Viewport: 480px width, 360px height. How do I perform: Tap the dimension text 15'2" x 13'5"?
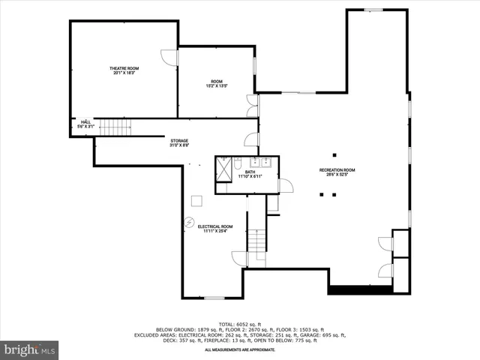pos(216,86)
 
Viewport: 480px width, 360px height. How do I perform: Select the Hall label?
pos(86,122)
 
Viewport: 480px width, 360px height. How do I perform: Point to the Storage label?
pos(178,140)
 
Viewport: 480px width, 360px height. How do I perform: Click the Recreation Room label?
pos(337,170)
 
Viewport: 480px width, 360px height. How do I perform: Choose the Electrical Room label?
pos(217,226)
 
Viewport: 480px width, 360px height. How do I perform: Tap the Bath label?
pos(250,172)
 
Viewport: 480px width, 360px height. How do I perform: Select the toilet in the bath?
pos(236,160)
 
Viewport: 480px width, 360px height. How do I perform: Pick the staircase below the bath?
pos(256,241)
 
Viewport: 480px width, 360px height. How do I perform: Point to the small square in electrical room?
pos(197,199)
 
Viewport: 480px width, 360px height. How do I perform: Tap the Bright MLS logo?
pos(30,349)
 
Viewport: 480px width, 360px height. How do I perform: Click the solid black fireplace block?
pos(361,289)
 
